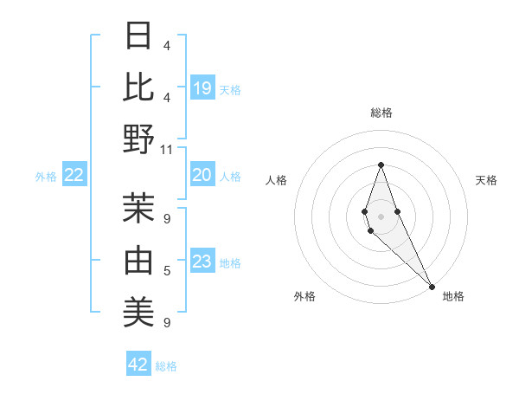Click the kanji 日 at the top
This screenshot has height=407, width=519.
138,36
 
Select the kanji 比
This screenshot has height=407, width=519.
138,87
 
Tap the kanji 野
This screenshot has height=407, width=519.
138,139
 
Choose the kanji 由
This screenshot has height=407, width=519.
138,259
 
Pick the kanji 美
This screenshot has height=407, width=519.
138,311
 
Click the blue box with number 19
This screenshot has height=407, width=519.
202,88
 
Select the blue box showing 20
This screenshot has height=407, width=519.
202,175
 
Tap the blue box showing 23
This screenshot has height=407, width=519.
202,262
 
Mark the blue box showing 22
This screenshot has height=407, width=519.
74,175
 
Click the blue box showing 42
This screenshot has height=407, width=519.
138,365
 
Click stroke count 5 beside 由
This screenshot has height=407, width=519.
166,271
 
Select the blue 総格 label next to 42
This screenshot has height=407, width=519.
166,366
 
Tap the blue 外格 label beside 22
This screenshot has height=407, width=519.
46,177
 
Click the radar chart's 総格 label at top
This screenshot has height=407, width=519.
381,113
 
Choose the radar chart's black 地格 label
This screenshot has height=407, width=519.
453,296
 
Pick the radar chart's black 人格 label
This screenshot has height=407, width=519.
277,180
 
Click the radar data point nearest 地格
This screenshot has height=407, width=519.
432,285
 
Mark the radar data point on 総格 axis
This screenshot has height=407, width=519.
381,165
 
